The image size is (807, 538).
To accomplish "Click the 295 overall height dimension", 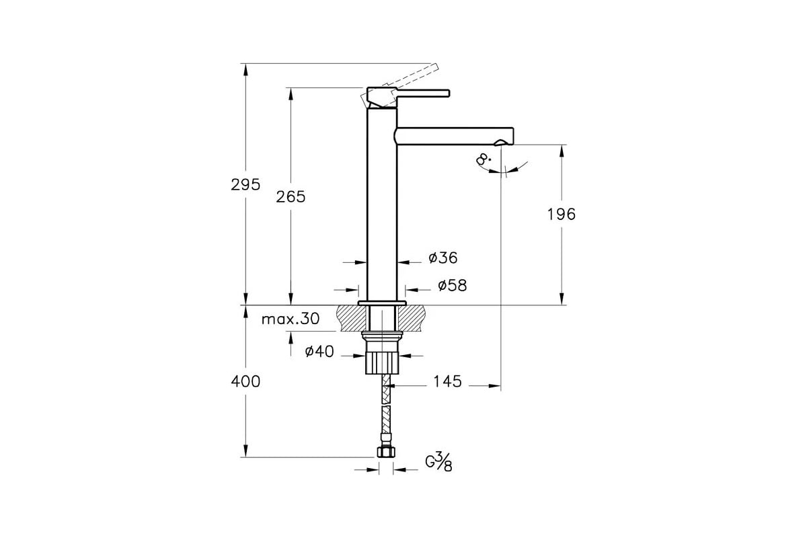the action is click(245, 184).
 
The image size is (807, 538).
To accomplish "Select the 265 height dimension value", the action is click(291, 197).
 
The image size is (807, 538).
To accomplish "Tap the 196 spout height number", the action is click(562, 215).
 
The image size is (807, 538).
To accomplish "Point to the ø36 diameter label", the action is click(443, 258).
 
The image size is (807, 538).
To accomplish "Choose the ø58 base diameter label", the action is click(453, 285).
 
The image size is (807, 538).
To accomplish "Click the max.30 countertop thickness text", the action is click(291, 319).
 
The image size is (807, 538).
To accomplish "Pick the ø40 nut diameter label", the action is click(319, 351).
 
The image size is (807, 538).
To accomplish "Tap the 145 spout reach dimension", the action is click(447, 381).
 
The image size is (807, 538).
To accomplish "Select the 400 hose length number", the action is click(245, 381).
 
